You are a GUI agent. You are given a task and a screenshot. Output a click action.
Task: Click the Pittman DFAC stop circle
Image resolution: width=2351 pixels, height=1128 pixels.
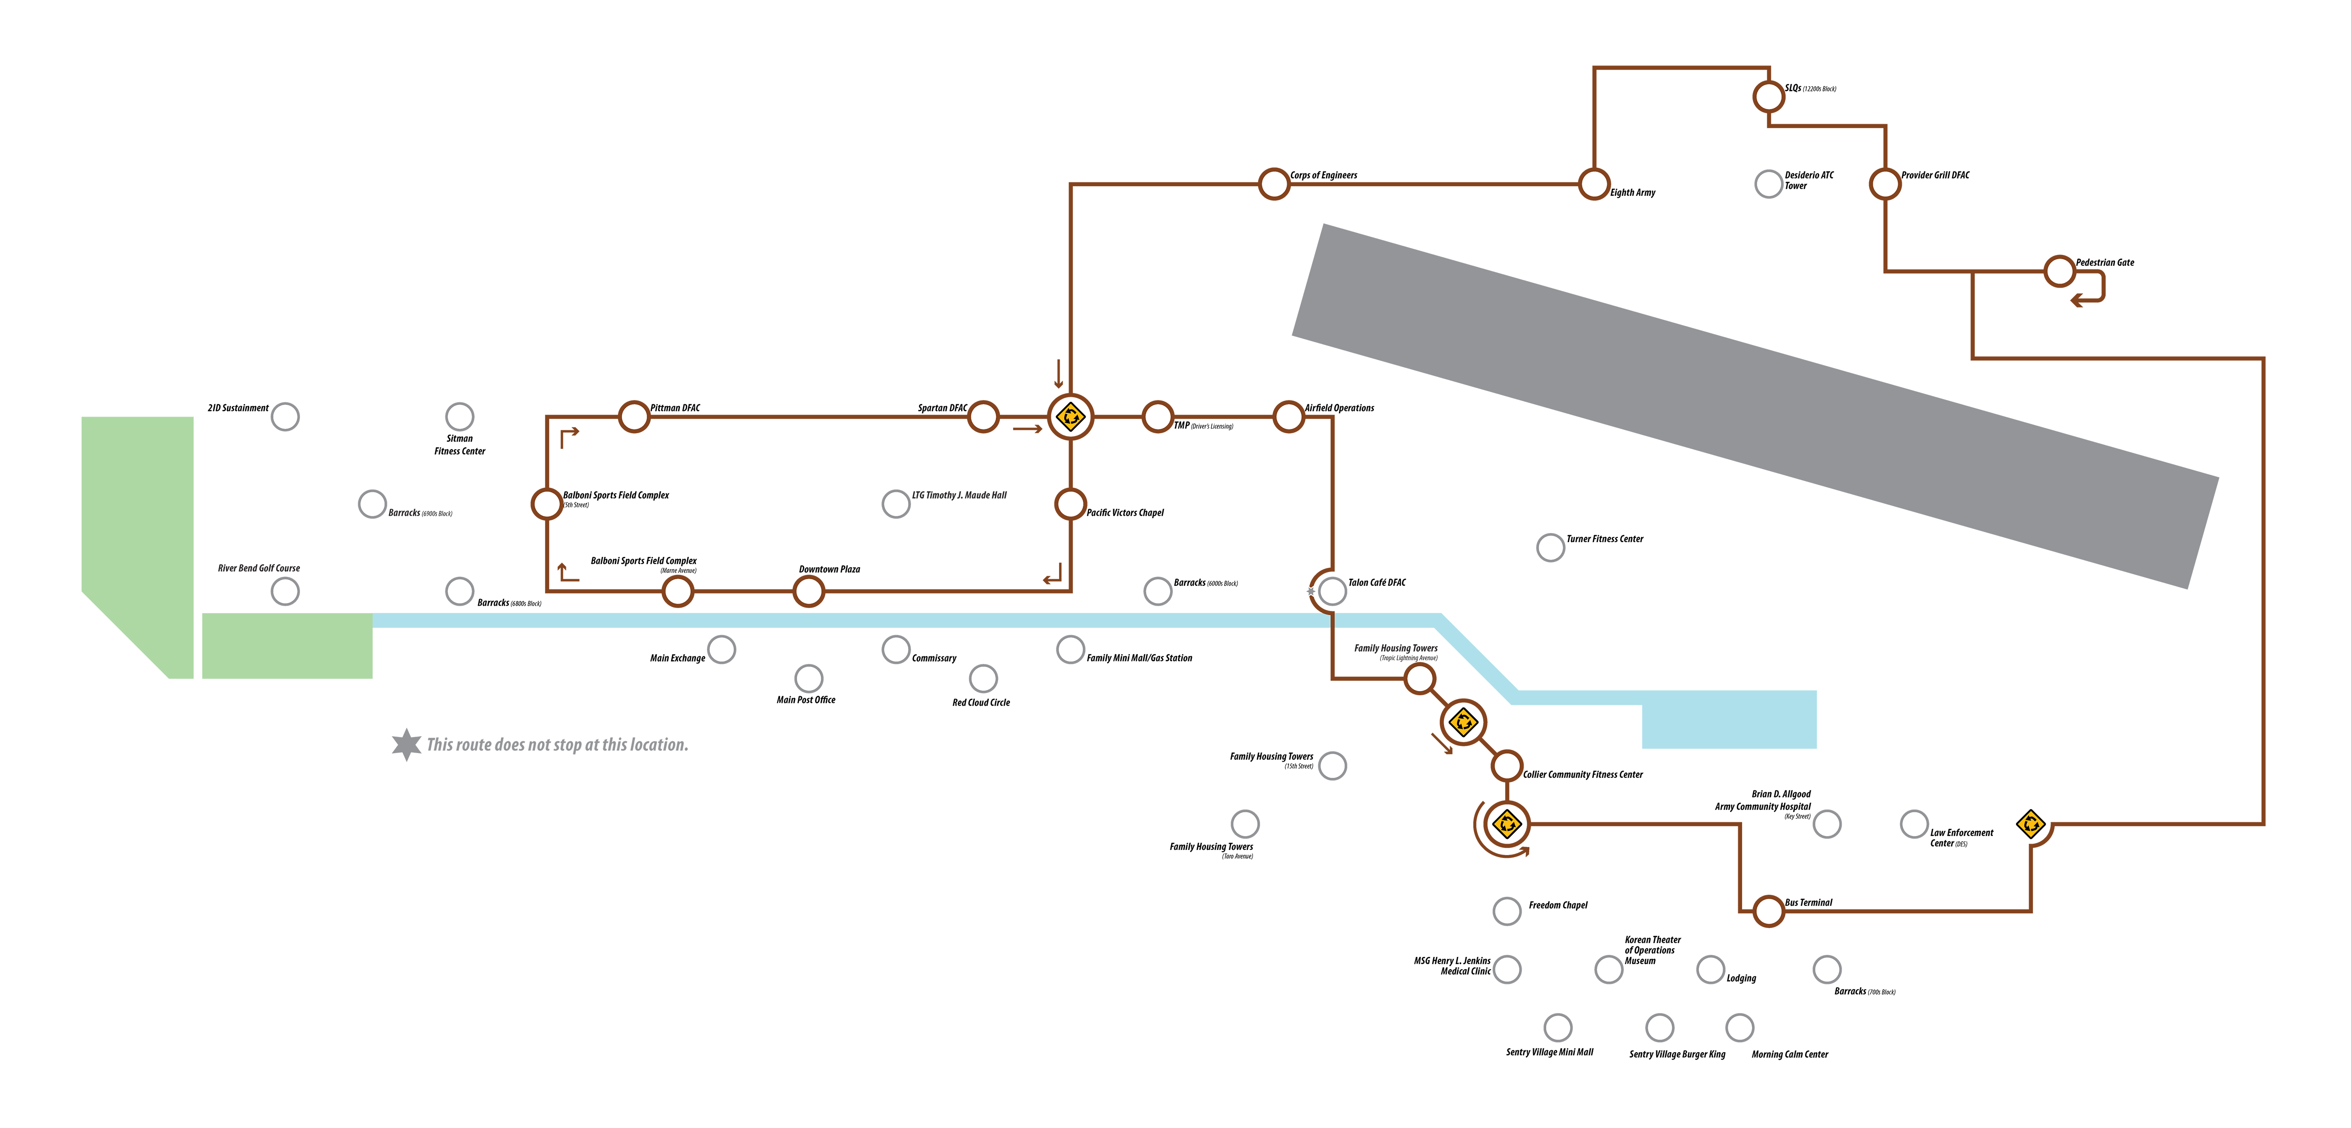634,417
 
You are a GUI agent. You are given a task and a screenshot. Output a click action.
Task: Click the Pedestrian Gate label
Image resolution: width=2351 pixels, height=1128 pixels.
2105,263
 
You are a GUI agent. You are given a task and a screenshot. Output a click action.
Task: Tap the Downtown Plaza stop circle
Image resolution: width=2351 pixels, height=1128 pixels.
808,591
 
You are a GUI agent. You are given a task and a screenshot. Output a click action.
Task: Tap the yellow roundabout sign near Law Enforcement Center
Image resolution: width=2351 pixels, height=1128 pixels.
2031,824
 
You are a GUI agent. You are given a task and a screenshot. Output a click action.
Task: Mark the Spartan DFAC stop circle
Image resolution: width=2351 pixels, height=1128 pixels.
983,417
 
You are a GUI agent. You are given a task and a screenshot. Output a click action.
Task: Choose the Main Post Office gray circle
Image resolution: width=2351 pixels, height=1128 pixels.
808,678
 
